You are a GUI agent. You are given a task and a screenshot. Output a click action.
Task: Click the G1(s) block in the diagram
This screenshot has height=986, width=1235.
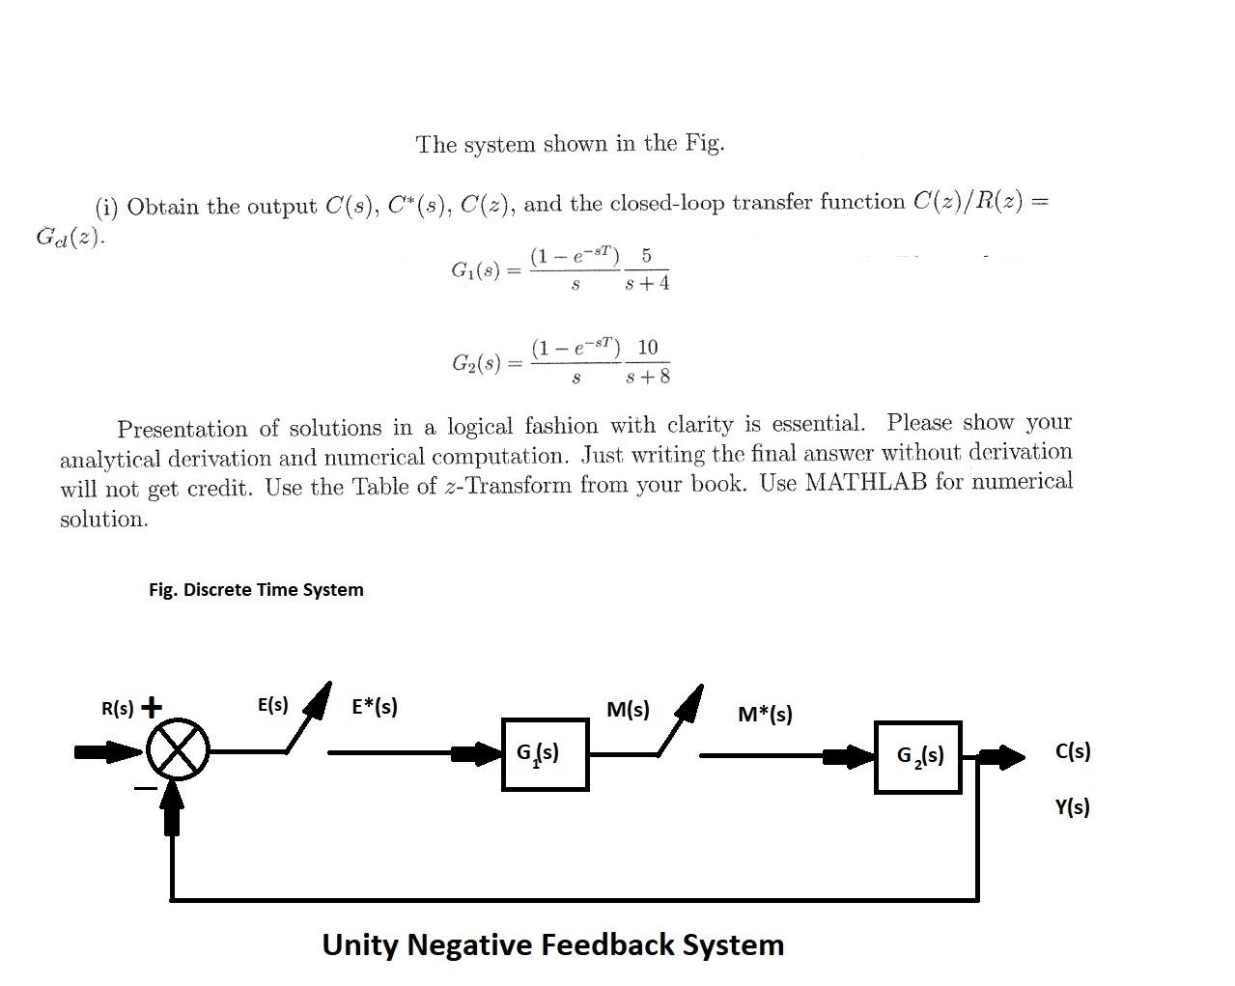545,754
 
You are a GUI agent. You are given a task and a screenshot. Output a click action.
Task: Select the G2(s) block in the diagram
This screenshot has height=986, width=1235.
917,756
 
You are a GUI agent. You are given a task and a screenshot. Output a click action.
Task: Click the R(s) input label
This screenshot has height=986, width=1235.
118,708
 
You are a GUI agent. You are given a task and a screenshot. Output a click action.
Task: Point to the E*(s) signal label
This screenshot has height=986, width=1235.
375,706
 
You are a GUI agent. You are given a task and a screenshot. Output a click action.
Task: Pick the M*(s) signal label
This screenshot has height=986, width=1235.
765,715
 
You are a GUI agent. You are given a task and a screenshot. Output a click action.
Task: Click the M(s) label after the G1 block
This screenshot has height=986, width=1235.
628,710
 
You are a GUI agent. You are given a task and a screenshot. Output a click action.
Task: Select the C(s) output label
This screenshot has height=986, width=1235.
1073,751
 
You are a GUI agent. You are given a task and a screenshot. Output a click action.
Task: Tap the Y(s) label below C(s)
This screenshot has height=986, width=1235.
1072,807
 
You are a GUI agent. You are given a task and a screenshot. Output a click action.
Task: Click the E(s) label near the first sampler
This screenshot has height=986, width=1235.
273,705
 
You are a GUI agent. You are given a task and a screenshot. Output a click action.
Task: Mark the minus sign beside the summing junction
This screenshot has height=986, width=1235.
144,789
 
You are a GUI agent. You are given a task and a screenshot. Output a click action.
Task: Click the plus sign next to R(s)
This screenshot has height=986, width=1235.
152,706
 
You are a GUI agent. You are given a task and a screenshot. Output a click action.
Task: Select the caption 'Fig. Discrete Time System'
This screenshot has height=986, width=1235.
256,590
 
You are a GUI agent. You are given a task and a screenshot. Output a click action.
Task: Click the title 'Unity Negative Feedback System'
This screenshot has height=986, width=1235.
552,944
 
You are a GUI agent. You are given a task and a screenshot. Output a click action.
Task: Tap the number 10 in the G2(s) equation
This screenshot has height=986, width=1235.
648,347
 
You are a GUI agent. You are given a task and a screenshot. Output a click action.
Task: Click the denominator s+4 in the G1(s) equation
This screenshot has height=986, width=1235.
647,284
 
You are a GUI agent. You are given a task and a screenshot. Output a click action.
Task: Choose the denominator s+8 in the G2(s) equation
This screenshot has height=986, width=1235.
648,377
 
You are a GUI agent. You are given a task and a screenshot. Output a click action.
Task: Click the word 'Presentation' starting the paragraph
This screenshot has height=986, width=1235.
182,429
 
